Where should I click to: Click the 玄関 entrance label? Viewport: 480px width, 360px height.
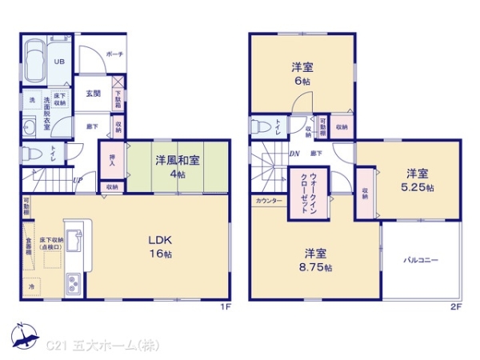[x=93, y=93]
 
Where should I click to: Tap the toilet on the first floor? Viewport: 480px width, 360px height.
[x=30, y=152]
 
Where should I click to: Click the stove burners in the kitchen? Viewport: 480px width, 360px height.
[x=73, y=283]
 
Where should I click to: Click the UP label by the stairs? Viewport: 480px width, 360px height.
[x=77, y=180]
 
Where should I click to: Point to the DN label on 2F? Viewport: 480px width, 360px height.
[x=294, y=154]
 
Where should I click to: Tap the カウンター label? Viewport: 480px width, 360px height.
[x=269, y=200]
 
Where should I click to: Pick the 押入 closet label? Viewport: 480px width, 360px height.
[x=111, y=160]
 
